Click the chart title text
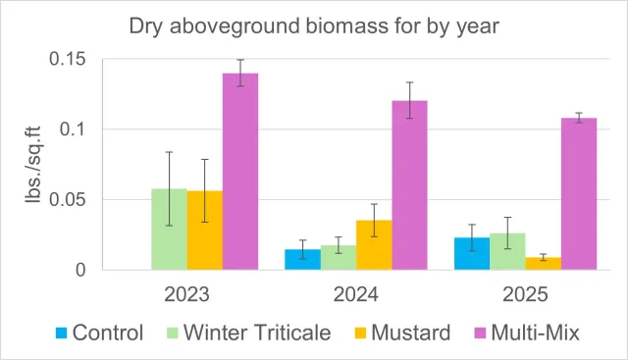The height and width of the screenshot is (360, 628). (314, 26)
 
